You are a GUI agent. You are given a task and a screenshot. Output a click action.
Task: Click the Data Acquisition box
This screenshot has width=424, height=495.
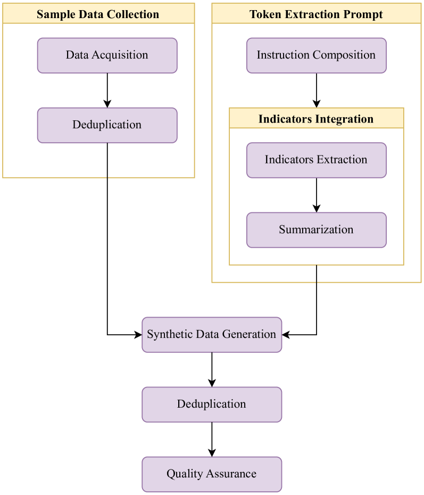(x=107, y=55)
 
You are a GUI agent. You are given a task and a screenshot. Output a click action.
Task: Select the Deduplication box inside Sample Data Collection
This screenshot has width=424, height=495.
(x=107, y=125)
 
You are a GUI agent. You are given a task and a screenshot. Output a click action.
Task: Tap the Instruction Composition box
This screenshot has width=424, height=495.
(x=316, y=55)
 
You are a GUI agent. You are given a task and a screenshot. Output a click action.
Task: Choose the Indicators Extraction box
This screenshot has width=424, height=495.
(x=316, y=160)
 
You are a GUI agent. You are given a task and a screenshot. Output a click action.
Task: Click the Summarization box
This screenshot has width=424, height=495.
(x=316, y=230)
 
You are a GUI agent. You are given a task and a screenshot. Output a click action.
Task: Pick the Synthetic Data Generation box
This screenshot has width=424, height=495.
(x=212, y=335)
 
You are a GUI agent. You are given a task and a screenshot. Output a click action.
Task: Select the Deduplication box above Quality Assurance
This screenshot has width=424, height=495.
(x=212, y=405)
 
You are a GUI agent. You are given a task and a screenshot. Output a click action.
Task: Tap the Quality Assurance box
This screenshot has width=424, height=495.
(x=212, y=474)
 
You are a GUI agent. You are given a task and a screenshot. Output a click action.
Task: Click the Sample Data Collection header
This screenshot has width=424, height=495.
(x=98, y=14)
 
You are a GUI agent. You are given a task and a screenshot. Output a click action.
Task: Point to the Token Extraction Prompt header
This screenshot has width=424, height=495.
(x=316, y=14)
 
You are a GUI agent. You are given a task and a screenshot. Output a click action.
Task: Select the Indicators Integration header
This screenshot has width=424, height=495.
(x=316, y=119)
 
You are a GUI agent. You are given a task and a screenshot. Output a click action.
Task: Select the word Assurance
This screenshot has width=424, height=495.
(x=231, y=474)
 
